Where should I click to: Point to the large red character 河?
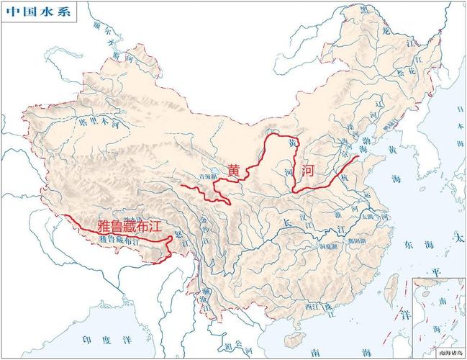(x=308, y=171)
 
